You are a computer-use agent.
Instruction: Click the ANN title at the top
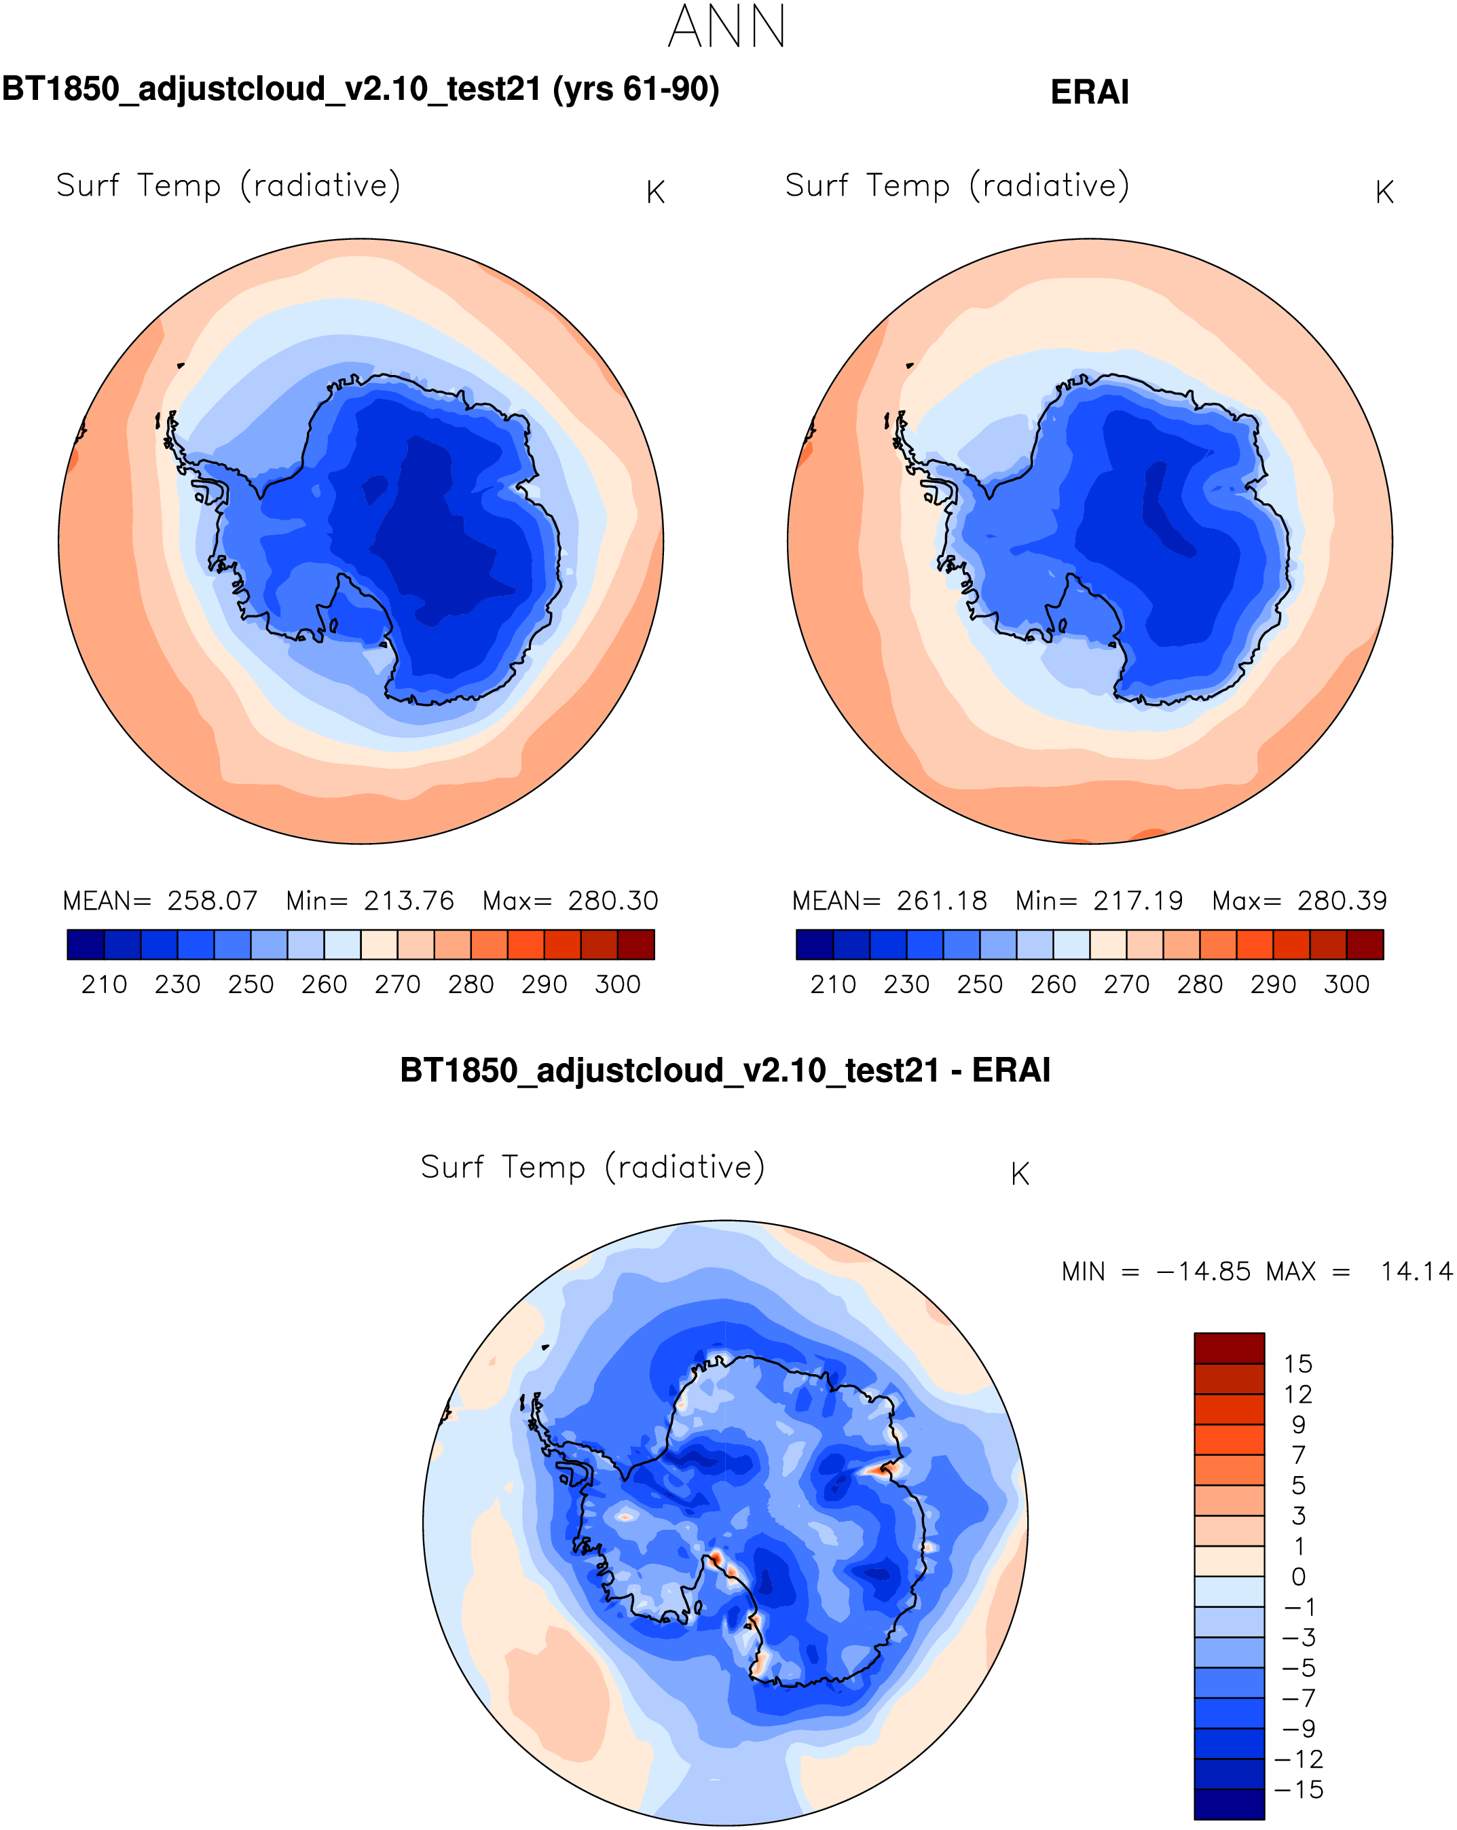pyautogui.click(x=727, y=27)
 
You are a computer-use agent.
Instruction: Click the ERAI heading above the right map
pyautogui.click(x=1089, y=92)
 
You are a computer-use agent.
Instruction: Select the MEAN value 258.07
pyautogui.click(x=212, y=901)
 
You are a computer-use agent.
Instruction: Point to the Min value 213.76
pyautogui.click(x=409, y=901)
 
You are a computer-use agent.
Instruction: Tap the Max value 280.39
pyautogui.click(x=1342, y=901)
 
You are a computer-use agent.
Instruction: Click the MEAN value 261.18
pyautogui.click(x=942, y=901)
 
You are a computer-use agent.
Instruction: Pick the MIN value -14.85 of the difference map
pyautogui.click(x=1203, y=1272)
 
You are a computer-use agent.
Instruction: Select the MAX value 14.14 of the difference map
pyautogui.click(x=1416, y=1272)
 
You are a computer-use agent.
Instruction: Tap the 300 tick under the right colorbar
pyautogui.click(x=1347, y=984)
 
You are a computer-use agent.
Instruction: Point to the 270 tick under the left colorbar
pyautogui.click(x=397, y=984)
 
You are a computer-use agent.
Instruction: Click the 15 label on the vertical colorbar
pyautogui.click(x=1297, y=1364)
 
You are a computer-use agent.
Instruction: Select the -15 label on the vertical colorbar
pyautogui.click(x=1298, y=1790)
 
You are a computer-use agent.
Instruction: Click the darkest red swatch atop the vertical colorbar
pyautogui.click(x=1229, y=1348)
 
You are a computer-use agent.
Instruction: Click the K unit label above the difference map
pyautogui.click(x=1020, y=1174)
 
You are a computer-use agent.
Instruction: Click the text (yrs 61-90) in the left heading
pyautogui.click(x=636, y=89)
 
